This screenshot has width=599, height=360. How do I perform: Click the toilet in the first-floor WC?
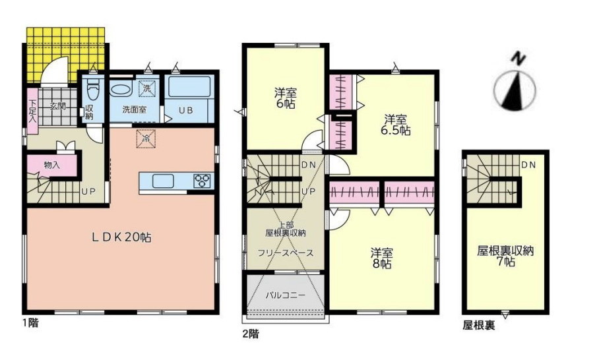pyautogui.click(x=92, y=91)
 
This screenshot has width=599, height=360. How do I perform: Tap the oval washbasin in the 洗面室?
pyautogui.click(x=121, y=89)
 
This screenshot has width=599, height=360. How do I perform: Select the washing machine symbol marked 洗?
pyautogui.click(x=146, y=89)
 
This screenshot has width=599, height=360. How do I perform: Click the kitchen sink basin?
pyautogui.click(x=164, y=181)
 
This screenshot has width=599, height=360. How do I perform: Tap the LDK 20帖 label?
pyautogui.click(x=121, y=237)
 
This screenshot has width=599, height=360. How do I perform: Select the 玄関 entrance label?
pyautogui.click(x=58, y=106)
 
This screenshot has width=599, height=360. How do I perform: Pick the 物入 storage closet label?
pyautogui.click(x=52, y=165)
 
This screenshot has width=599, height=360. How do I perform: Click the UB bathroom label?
pyautogui.click(x=186, y=111)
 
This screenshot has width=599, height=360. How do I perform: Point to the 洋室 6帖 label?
pyautogui.click(x=286, y=98)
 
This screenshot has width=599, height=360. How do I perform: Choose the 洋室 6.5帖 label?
pyautogui.click(x=395, y=125)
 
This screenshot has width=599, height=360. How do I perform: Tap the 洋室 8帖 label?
pyautogui.click(x=382, y=258)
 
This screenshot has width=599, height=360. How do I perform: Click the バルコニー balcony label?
pyautogui.click(x=286, y=295)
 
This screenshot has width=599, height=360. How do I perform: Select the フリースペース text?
pyautogui.click(x=286, y=253)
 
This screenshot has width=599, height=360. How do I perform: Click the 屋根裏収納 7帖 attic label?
pyautogui.click(x=505, y=256)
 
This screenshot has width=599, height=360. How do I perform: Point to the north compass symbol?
pyautogui.click(x=515, y=86)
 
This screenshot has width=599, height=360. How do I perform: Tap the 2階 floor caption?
pyautogui.click(x=251, y=334)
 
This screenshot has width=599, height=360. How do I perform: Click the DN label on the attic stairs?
pyautogui.click(x=528, y=165)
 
